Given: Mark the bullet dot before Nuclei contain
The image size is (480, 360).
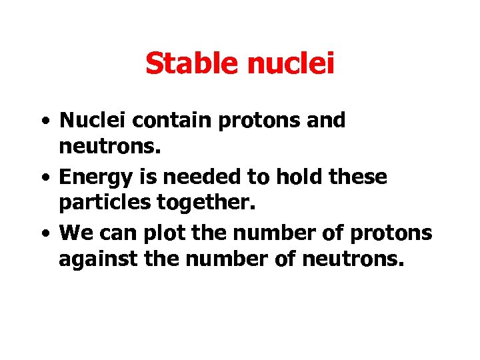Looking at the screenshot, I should click(x=43, y=123).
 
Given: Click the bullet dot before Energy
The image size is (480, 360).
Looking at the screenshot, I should click(x=43, y=179).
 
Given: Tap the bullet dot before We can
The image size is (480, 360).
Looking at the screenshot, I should click(x=43, y=236).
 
